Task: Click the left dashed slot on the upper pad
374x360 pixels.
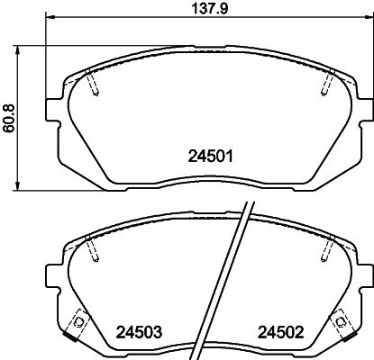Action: tap(94, 84)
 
